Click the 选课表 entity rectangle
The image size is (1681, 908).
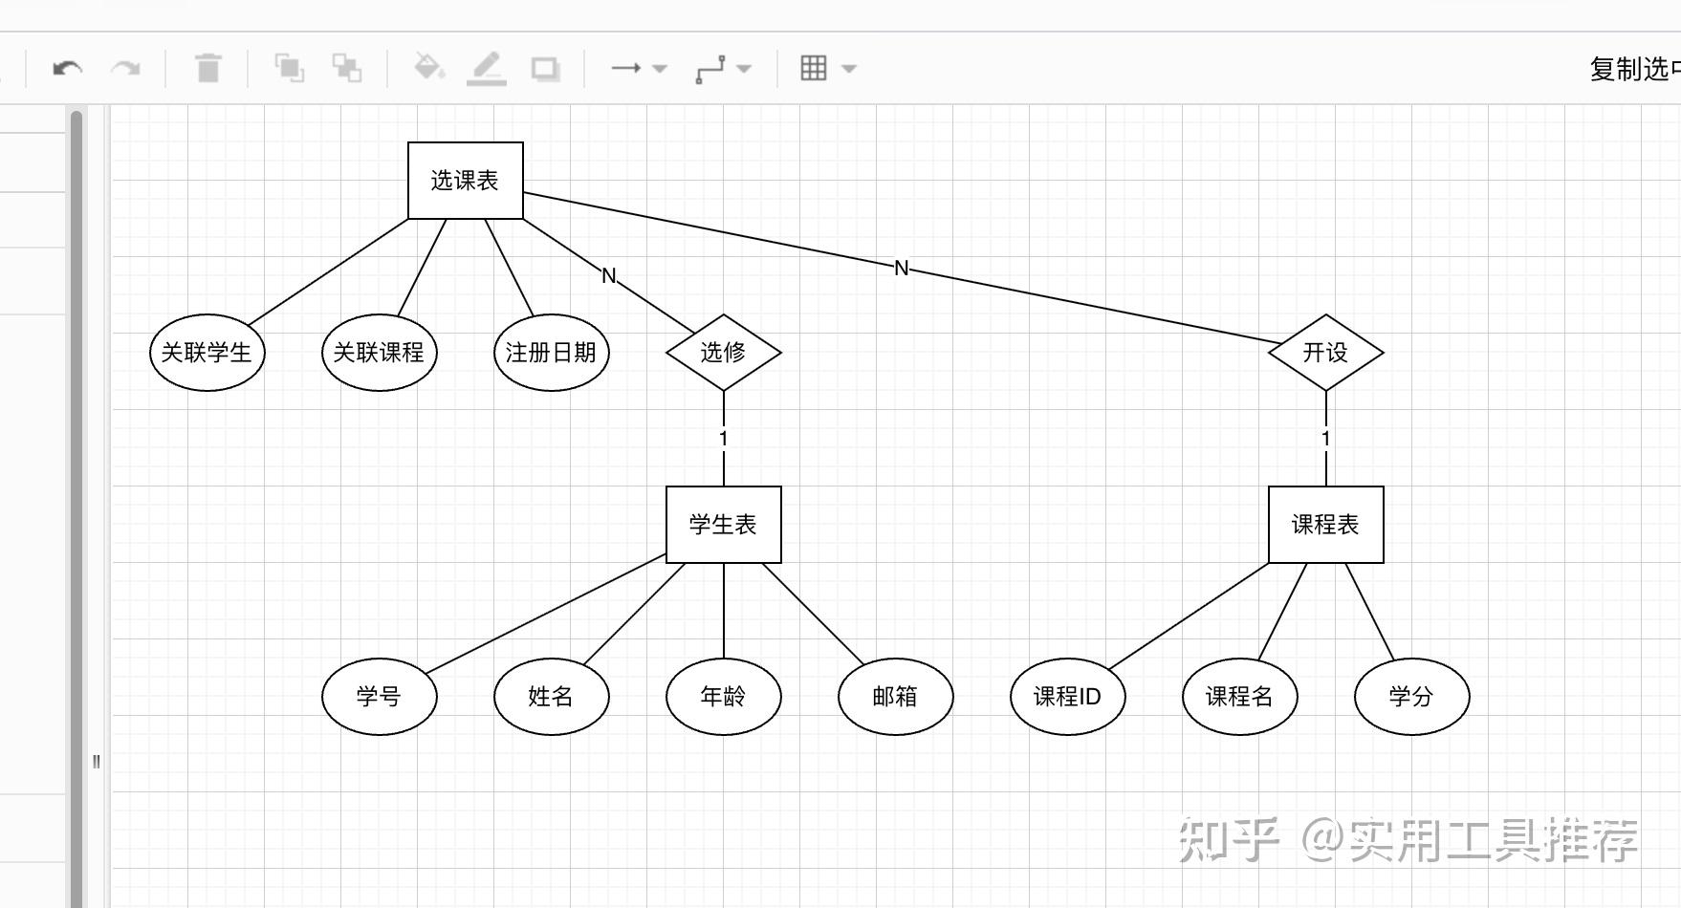(465, 181)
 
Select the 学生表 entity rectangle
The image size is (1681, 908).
(723, 525)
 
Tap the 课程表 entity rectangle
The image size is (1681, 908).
(1325, 525)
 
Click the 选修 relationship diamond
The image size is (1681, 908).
(723, 353)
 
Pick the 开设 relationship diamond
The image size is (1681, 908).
(1325, 353)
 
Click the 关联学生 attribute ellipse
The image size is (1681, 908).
(207, 353)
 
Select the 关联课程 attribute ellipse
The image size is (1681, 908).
(379, 353)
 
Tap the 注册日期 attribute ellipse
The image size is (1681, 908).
(551, 353)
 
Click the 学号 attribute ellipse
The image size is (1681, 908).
(379, 697)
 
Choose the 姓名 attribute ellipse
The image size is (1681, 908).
(551, 697)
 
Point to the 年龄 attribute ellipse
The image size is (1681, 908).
(723, 697)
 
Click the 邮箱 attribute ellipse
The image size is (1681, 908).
(895, 697)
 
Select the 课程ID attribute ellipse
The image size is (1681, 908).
(1067, 697)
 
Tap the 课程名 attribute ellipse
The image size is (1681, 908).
(1239, 697)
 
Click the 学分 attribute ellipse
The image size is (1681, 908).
(1411, 697)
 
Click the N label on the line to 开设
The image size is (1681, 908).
(901, 269)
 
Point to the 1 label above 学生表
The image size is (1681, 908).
(724, 439)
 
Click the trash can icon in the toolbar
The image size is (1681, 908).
(208, 69)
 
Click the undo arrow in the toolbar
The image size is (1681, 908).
(67, 69)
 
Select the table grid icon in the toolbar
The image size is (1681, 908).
(814, 68)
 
